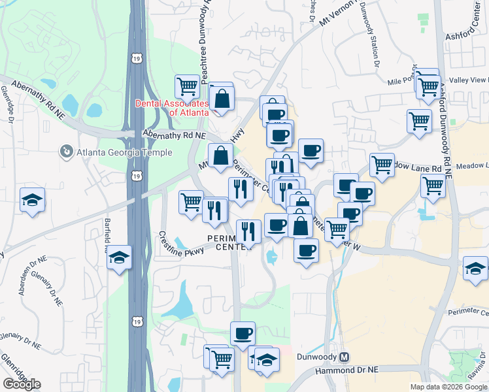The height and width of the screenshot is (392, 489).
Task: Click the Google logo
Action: coord(22,384)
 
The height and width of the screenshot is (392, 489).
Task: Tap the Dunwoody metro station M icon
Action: coord(345,357)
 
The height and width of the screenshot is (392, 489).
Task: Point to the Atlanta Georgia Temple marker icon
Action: coord(67,152)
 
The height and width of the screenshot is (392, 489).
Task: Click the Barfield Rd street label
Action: coord(106,236)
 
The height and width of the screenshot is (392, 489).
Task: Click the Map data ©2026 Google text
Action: coord(448,387)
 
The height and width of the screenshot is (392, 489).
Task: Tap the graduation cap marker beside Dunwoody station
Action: coord(267,359)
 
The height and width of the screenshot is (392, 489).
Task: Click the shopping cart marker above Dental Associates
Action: coord(187,86)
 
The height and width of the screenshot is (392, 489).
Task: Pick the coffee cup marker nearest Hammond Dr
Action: coord(243,333)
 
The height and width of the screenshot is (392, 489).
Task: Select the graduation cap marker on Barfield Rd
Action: coord(120,257)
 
